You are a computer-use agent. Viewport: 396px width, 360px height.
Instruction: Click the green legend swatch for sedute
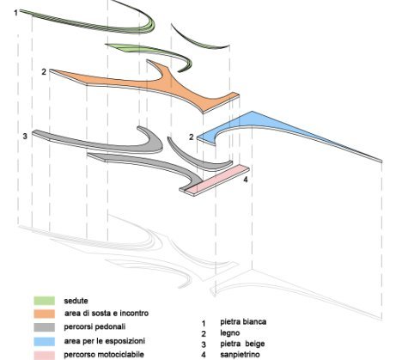[44, 301]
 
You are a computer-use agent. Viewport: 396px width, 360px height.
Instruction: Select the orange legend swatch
[44, 314]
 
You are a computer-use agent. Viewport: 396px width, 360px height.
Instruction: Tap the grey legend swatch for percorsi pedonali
[44, 327]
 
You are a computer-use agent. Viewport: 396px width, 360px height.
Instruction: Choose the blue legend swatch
[44, 341]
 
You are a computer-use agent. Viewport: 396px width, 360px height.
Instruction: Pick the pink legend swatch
[44, 355]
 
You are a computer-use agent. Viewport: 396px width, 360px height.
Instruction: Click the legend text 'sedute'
[76, 301]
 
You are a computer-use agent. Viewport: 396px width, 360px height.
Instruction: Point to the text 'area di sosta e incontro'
[107, 314]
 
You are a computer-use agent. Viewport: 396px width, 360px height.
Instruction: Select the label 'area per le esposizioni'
[105, 341]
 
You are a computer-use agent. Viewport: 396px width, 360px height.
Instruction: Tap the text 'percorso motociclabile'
[104, 355]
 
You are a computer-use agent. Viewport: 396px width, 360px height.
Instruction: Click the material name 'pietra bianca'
[243, 321]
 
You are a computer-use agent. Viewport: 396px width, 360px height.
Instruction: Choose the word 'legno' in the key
[230, 333]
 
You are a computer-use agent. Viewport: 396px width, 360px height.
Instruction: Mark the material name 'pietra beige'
[242, 344]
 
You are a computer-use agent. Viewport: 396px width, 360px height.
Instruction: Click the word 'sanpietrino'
[240, 355]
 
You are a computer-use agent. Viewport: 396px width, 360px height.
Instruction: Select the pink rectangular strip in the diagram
[218, 180]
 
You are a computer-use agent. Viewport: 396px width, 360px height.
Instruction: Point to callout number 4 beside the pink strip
[246, 180]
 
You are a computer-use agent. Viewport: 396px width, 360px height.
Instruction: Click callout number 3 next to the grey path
[25, 136]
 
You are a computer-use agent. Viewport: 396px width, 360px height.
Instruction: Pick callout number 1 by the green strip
[16, 13]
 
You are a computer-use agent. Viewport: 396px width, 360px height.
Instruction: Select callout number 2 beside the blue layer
[192, 137]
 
